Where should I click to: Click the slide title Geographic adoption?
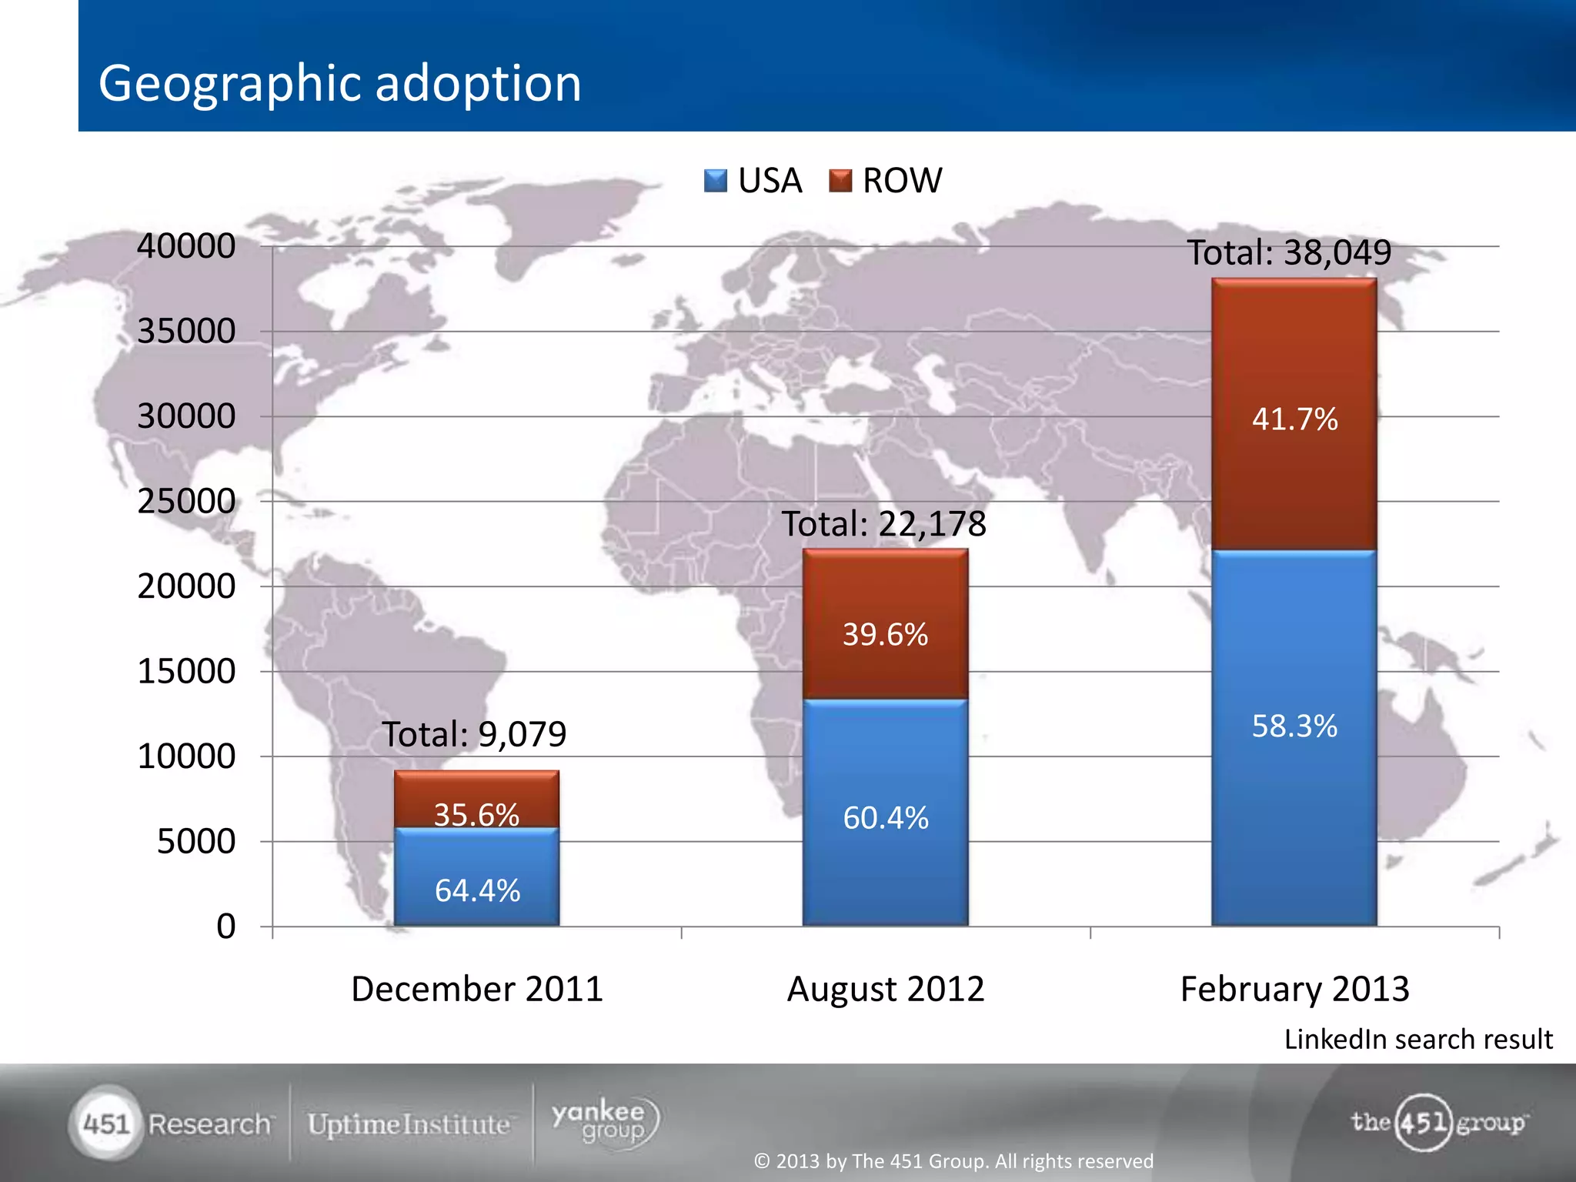click(x=339, y=83)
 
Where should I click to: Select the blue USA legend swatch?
click(x=715, y=181)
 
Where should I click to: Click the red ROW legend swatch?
click(x=840, y=181)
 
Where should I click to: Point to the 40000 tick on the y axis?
click(x=186, y=246)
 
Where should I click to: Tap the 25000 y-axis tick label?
click(x=186, y=501)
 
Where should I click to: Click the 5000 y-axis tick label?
click(x=196, y=841)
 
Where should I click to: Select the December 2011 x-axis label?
click(x=476, y=989)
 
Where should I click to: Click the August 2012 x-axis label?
click(x=885, y=989)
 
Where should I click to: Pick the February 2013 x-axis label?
click(x=1294, y=989)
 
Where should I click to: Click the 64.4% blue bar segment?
click(x=477, y=877)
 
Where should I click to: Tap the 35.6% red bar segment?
click(x=477, y=800)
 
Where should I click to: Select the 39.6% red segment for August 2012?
click(x=885, y=625)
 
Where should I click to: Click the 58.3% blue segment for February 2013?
click(x=1294, y=739)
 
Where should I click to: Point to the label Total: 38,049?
click(x=1289, y=252)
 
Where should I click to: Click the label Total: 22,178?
click(x=883, y=524)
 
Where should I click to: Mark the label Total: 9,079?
click(x=474, y=734)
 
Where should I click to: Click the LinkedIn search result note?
click(x=1417, y=1040)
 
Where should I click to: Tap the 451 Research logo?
click(x=173, y=1124)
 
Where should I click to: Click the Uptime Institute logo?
click(x=409, y=1124)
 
